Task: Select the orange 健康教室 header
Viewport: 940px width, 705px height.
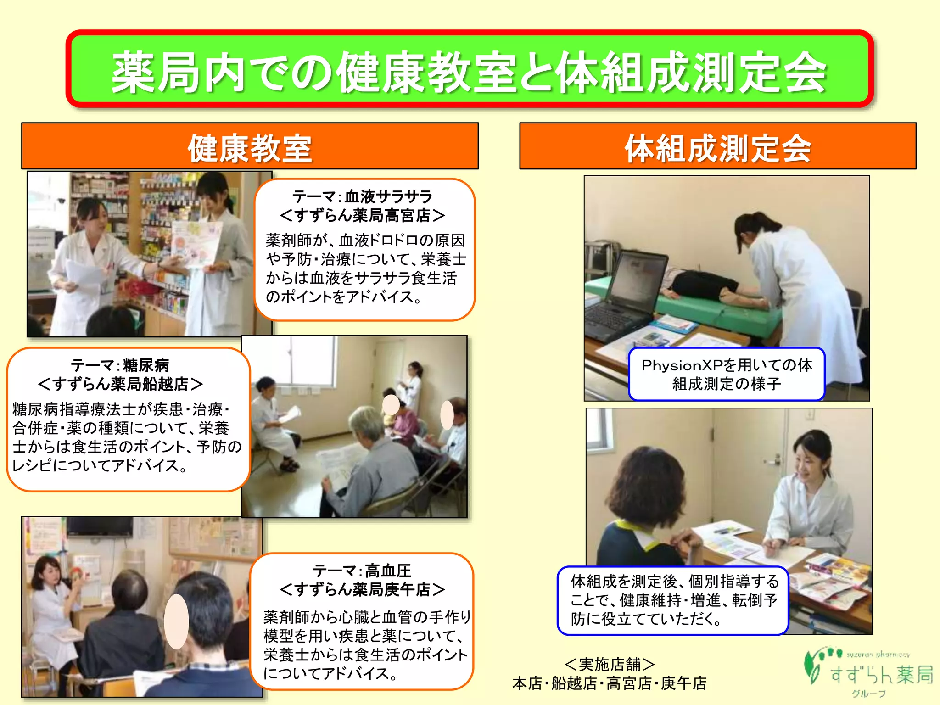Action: click(250, 147)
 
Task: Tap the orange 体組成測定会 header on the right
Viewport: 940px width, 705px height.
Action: click(717, 147)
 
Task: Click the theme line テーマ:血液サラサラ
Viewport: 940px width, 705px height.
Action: click(362, 196)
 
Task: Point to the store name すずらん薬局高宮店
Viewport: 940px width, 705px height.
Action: click(362, 215)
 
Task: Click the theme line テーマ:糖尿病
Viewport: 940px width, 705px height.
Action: click(120, 365)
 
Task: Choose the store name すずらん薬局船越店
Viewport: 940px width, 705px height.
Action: click(120, 384)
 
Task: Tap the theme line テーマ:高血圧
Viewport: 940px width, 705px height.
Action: click(362, 571)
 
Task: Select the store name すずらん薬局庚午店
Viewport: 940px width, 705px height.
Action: click(362, 589)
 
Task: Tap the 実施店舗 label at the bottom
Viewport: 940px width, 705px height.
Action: click(609, 664)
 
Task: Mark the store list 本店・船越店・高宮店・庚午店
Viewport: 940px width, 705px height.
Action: click(609, 683)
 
